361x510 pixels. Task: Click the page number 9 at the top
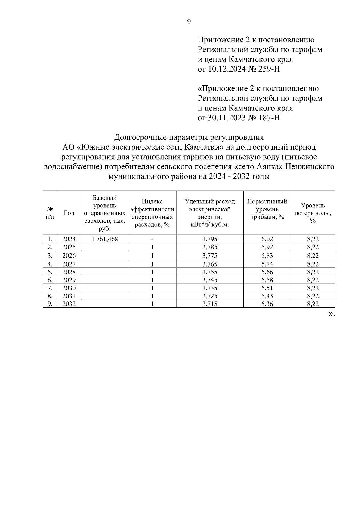pos(189,22)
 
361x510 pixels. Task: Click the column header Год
pos(69,213)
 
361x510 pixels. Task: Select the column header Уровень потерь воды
pos(313,213)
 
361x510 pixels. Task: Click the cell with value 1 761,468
pos(105,239)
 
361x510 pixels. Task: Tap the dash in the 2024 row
pos(152,240)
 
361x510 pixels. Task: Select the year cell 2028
pos(69,272)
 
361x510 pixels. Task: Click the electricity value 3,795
pos(210,239)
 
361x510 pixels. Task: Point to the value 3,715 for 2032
pos(210,304)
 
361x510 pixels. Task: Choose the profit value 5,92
pos(267,247)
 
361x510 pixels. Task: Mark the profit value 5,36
pos(267,304)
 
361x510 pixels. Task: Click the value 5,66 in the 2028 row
pos(267,272)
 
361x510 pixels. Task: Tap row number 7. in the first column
pos(50,288)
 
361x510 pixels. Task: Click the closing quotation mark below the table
pos(331,314)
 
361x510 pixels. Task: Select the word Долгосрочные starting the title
pos(140,138)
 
